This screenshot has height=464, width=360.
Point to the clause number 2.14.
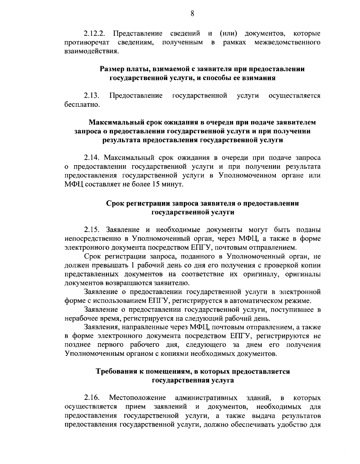tap(94, 157)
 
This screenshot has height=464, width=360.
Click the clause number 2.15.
tap(94, 230)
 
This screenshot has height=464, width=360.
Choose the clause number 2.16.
tap(91, 398)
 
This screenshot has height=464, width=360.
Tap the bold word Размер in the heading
tap(112, 69)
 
